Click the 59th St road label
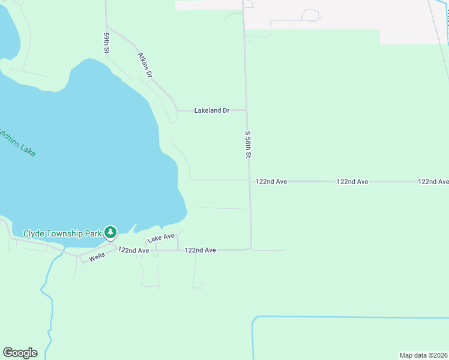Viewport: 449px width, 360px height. pos(106,44)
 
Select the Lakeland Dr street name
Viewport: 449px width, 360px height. pos(212,110)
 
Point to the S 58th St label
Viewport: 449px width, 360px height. pos(247,145)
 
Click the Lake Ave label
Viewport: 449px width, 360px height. pos(161,238)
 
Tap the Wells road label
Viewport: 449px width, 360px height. pos(97,256)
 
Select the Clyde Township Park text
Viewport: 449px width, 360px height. pos(62,233)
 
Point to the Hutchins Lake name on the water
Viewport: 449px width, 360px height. pos(18,141)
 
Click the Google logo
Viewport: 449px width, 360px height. pos(20,352)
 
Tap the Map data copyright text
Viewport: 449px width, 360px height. pos(423,355)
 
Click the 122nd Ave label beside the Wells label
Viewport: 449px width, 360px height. pos(133,250)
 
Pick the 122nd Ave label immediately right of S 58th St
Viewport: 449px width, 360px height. pos(271,181)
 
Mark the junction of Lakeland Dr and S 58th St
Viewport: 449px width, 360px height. pos(247,110)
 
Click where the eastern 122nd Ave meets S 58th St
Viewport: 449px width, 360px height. pos(250,181)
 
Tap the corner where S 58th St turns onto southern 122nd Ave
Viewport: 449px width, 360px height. pos(250,248)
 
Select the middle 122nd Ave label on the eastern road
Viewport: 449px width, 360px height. pos(352,181)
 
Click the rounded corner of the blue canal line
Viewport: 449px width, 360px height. pos(255,319)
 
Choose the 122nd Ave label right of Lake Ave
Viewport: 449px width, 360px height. pos(200,250)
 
